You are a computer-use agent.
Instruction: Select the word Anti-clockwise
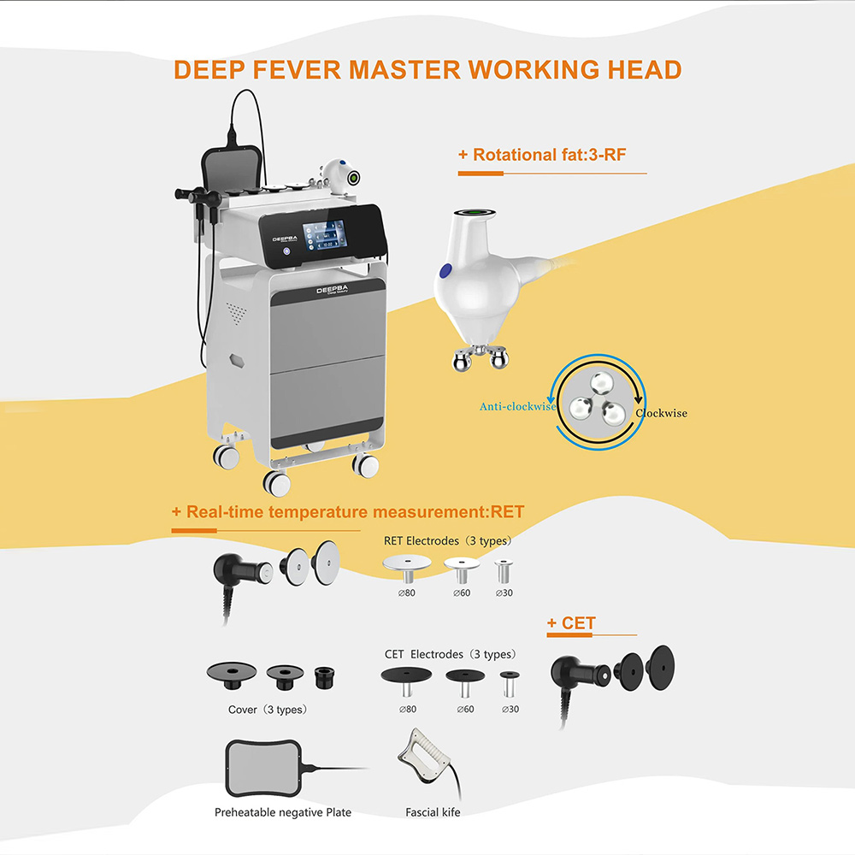pos(516,407)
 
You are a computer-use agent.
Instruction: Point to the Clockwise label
pos(661,413)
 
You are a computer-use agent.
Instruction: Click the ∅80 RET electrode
pos(406,567)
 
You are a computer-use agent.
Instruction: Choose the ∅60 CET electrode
pos(465,681)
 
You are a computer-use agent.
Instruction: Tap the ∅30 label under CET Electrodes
pos(510,709)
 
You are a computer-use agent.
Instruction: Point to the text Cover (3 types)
pos(267,710)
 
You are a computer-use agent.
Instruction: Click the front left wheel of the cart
pos(276,484)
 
